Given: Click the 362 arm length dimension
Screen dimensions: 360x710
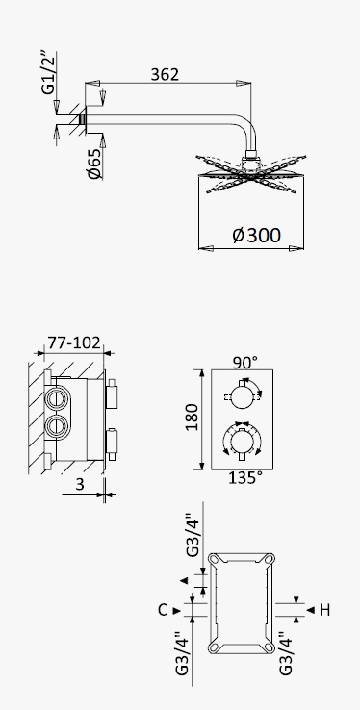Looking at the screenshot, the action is (165, 74).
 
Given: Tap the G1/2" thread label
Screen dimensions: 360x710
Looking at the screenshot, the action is (49, 73).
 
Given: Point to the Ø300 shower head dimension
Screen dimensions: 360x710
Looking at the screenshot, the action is (257, 235).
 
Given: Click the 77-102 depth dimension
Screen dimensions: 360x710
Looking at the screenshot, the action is (74, 342).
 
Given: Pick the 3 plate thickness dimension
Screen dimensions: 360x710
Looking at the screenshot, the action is (80, 484).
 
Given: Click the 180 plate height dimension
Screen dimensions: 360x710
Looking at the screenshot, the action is (192, 417).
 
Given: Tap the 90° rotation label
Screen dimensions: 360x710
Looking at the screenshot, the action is (245, 363).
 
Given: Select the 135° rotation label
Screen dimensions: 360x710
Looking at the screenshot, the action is (245, 478).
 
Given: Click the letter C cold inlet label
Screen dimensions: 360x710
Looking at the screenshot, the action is (163, 610).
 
